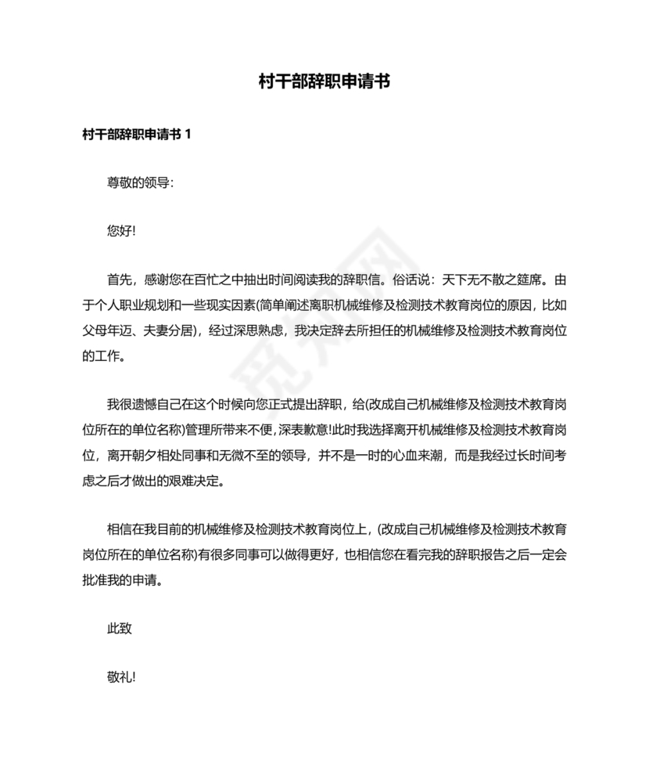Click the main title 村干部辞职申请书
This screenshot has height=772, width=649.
[x=324, y=81]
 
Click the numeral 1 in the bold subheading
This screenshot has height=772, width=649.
[x=187, y=134]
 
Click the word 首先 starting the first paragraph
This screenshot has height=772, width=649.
[x=120, y=280]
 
